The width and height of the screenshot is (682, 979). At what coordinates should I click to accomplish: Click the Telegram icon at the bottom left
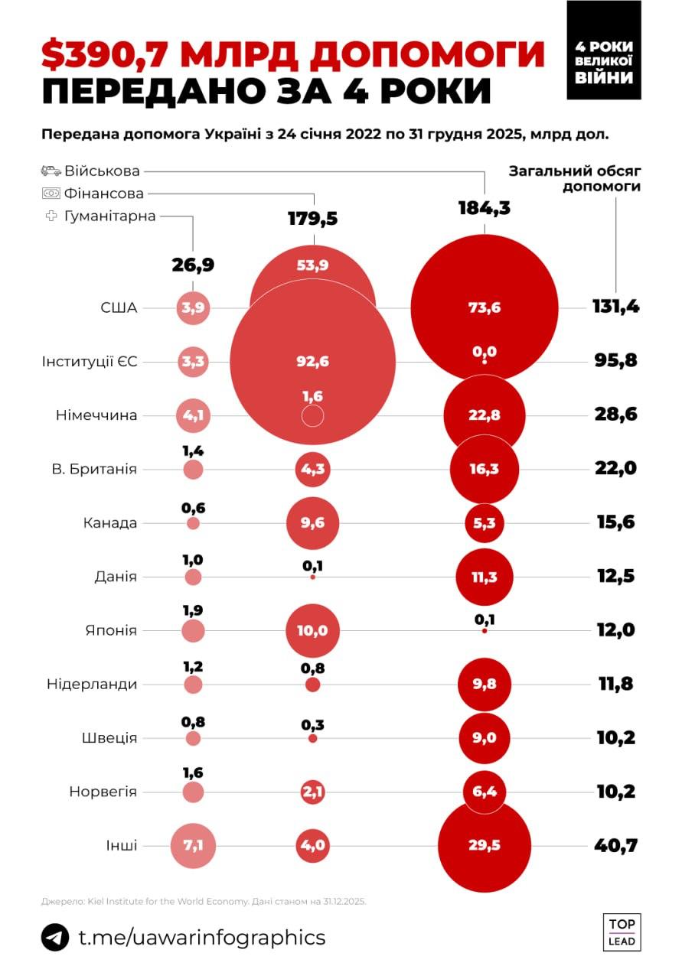pos(55,937)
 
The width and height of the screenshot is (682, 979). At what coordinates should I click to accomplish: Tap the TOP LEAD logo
pos(622,932)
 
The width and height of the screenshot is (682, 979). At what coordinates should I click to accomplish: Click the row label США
pos(119,308)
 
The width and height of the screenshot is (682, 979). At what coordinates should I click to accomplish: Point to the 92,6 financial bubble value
pos(312,362)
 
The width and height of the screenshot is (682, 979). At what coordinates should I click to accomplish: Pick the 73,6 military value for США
pos(484,308)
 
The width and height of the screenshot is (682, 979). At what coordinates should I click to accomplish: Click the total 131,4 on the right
pos(615,307)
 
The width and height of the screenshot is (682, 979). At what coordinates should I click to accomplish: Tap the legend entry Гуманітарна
pos(109,216)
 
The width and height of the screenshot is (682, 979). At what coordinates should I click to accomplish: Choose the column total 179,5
pos(312,220)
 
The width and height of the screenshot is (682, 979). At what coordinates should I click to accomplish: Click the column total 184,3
pos(484,207)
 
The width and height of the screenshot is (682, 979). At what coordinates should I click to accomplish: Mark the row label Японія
pos(111,631)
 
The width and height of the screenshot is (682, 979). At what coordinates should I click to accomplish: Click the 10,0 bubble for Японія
pos(312,631)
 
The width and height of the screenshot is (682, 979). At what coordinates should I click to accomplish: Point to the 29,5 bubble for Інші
pos(484,845)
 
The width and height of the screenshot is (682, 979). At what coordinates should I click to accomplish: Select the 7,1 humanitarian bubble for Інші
pos(193,845)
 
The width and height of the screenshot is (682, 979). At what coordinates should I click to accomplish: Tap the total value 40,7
pos(615,845)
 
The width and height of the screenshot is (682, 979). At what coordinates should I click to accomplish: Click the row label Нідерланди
pos(92,685)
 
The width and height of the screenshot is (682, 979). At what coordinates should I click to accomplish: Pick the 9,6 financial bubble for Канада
pos(312,523)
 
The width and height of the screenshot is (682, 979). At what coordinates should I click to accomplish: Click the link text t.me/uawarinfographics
pos(202,938)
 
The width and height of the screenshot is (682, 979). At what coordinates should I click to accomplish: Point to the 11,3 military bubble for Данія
pos(484,577)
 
